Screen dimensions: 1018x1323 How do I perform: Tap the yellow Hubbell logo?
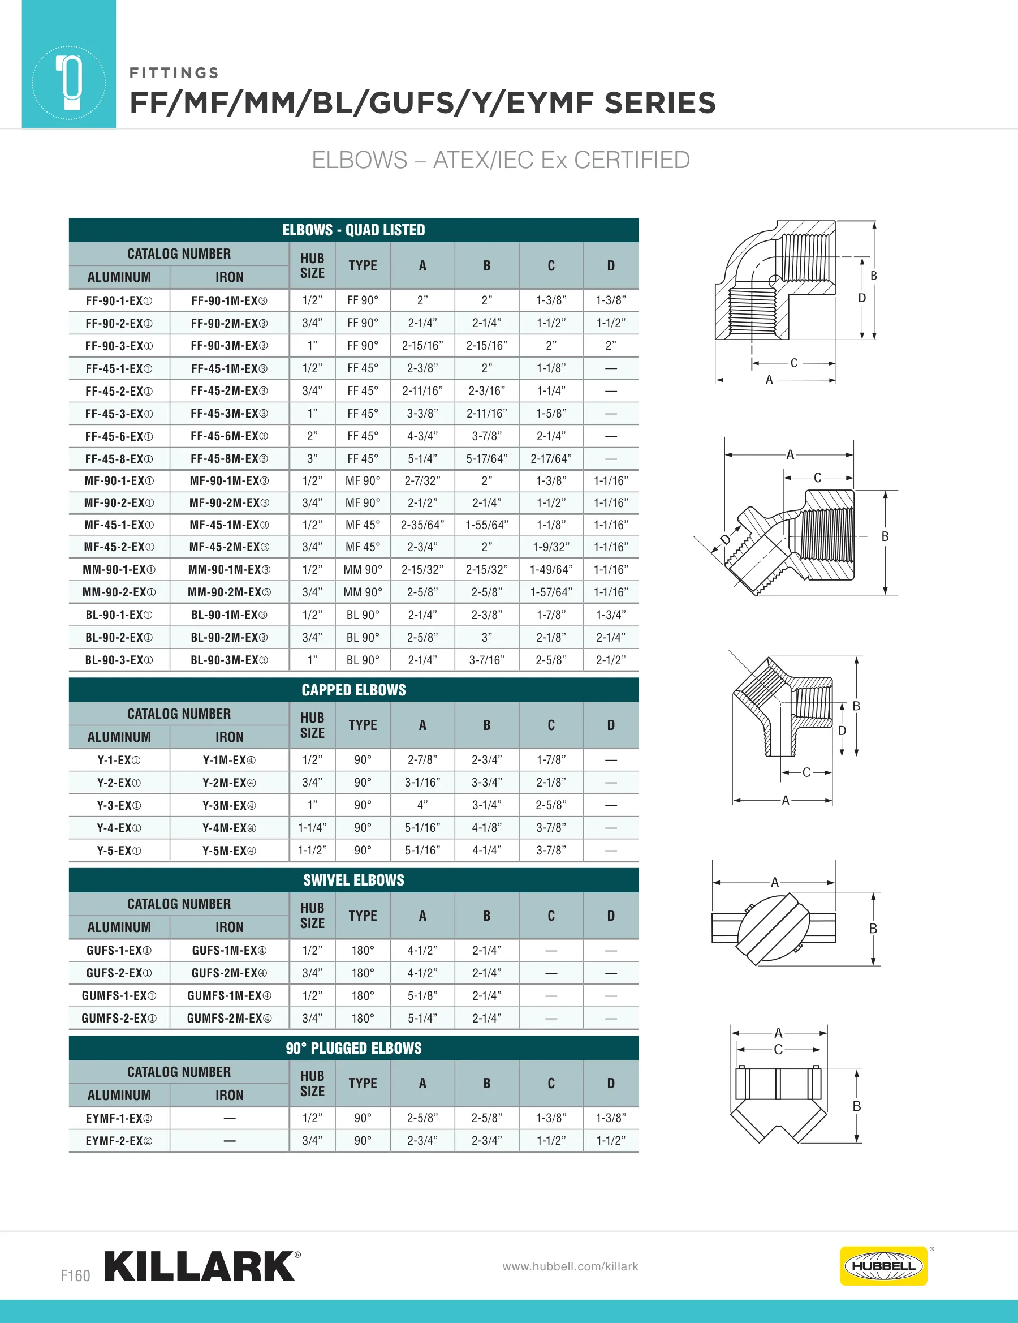point(883,1266)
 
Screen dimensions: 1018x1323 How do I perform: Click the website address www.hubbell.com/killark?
point(570,1266)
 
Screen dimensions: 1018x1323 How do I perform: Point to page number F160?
point(75,1275)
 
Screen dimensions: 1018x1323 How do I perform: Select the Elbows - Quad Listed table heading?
point(353,230)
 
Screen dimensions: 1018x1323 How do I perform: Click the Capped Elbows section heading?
point(353,690)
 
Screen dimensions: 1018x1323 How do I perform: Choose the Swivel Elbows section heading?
point(353,880)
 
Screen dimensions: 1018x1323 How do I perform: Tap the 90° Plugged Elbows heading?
point(353,1048)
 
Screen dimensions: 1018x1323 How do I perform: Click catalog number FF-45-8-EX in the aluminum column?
point(119,459)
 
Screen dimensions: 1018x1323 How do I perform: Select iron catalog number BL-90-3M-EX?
point(230,660)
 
